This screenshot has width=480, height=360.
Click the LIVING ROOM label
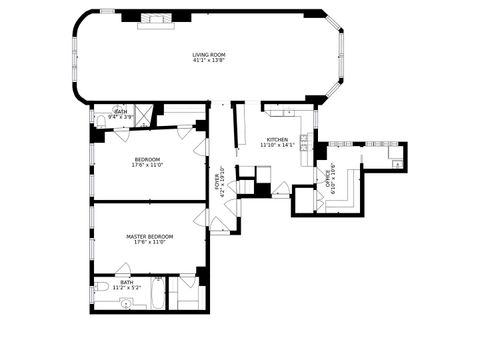click(x=209, y=54)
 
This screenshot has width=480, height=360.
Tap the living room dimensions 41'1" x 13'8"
click(x=209, y=61)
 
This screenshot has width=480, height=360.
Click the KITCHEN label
click(x=277, y=139)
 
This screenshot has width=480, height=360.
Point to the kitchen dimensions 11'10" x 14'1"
click(x=277, y=146)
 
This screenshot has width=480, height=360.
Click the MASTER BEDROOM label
click(x=149, y=236)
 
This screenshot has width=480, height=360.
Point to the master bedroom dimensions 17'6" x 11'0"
click(x=149, y=243)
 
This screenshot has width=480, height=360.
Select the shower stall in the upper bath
click(x=145, y=114)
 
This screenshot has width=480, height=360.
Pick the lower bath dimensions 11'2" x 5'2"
click(x=127, y=288)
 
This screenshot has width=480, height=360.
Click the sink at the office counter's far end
click(x=398, y=162)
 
